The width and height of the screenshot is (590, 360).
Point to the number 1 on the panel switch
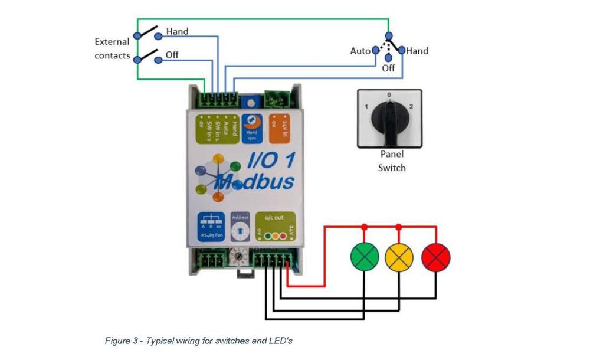(x=366, y=107)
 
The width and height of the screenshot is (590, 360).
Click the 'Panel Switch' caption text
(x=392, y=161)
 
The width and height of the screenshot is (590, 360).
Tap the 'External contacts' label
(x=112, y=49)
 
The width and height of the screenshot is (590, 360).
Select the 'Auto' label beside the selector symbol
(x=360, y=51)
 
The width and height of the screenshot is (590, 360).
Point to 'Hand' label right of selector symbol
(x=417, y=51)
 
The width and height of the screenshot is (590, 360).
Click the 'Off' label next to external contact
(x=172, y=55)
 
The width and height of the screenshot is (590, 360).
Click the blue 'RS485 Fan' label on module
(x=210, y=226)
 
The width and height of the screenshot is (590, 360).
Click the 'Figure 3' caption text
(x=198, y=341)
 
